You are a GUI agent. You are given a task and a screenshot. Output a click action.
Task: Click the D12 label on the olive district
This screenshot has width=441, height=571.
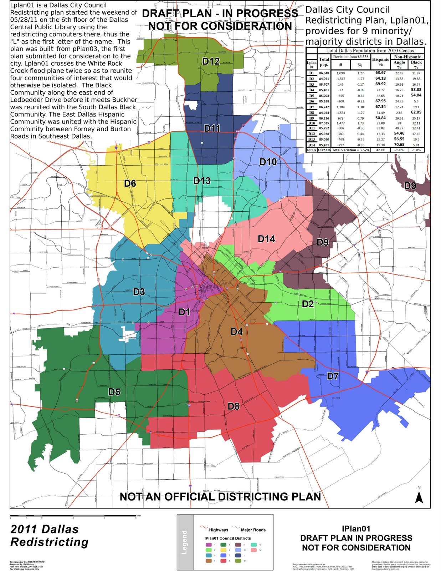point(211,61)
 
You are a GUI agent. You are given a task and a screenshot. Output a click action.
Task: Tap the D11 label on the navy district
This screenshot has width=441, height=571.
point(212,128)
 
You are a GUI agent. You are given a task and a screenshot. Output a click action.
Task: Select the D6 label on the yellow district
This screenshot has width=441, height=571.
point(130,183)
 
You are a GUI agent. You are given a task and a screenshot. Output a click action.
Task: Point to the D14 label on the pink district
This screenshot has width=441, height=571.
point(266,239)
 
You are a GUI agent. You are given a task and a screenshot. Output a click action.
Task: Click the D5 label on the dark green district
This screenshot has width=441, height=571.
point(114,392)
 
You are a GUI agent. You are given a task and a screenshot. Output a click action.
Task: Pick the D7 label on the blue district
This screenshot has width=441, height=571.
point(333,376)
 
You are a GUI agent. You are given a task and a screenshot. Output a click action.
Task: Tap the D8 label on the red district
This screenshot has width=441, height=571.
point(234,406)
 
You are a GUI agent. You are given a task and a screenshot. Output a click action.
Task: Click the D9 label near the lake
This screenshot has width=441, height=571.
point(410,186)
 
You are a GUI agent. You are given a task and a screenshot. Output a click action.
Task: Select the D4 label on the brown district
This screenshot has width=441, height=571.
point(236,332)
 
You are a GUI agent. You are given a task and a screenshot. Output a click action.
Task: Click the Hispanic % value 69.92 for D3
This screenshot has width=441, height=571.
point(380,84)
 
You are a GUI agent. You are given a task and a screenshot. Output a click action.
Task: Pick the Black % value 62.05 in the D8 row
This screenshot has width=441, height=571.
point(416,112)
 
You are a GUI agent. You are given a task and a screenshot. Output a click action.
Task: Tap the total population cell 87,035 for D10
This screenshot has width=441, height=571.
point(324,123)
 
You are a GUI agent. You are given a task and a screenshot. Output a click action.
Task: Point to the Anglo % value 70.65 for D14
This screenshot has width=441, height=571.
point(399,145)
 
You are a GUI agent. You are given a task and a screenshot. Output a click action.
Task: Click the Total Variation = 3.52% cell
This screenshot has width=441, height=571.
point(350,150)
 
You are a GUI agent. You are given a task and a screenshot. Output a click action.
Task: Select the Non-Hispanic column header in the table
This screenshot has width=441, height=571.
point(407,57)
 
